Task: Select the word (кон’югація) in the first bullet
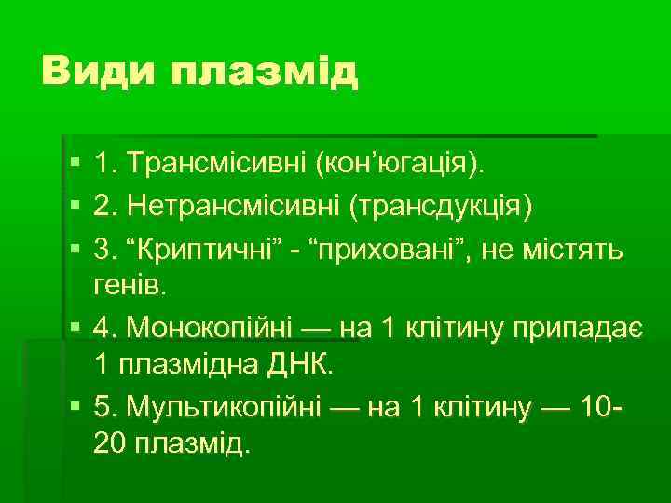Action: tap(402, 165)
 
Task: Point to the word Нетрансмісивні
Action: tap(232, 205)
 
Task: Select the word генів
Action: tap(130, 285)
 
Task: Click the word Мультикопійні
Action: tap(224, 406)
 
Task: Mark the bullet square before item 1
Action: tap(74, 166)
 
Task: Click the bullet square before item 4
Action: tap(74, 327)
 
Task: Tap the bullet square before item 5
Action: tap(74, 407)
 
